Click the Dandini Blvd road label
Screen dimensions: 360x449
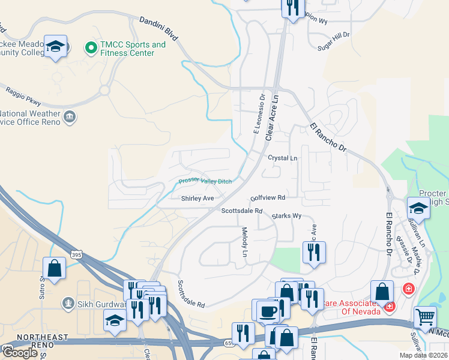click(x=158, y=29)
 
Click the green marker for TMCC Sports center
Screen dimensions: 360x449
click(x=91, y=46)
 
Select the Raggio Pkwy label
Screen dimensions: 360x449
click(x=23, y=96)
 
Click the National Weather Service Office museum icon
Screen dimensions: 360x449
click(x=70, y=115)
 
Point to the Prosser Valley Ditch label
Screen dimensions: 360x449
click(x=206, y=181)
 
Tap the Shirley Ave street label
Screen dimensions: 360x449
click(x=197, y=198)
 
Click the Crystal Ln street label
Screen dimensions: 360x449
click(x=283, y=158)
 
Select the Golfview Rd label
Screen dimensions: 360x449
click(x=268, y=197)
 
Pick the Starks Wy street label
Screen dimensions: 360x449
click(x=286, y=216)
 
